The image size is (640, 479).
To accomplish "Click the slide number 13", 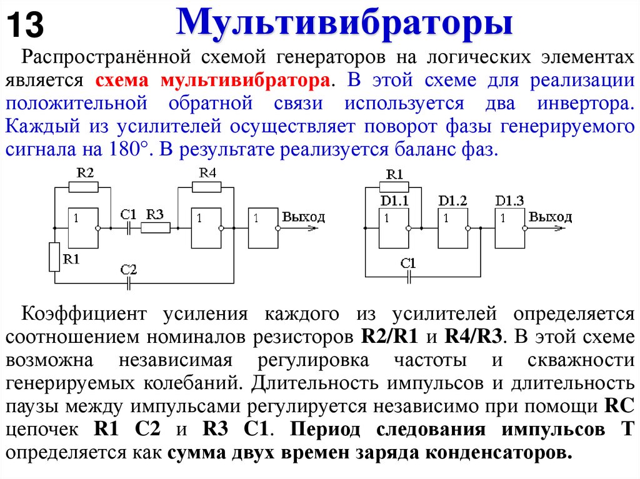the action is point(26,26).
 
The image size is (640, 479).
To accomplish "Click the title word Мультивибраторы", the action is point(345,24).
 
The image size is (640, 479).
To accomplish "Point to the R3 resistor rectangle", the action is point(155,229).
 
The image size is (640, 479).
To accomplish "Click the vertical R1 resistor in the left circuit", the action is point(54,257).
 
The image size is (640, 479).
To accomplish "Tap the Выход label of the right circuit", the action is point(550,217).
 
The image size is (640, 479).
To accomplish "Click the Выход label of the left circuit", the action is point(304,217).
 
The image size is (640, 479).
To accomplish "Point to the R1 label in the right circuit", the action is point(394,174).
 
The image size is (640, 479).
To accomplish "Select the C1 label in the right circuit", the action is point(408,262).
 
